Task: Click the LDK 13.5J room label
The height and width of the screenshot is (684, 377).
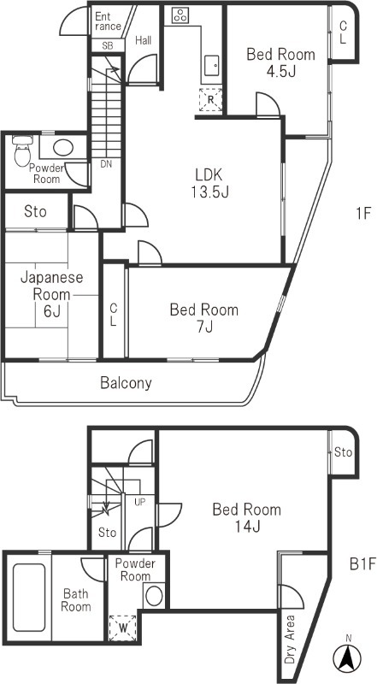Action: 209,182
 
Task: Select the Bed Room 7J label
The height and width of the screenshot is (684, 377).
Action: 203,318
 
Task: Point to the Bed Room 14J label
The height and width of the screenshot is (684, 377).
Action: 246,518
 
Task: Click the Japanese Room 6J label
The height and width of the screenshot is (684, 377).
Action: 51,294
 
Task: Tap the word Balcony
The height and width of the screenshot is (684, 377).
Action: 126,383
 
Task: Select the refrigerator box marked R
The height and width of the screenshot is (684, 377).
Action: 210,100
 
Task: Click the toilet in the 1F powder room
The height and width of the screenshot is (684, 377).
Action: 23,152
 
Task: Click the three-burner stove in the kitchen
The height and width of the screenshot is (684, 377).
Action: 181,15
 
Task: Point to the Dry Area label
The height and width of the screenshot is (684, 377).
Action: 290,640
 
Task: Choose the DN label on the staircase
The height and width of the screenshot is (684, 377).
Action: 106,164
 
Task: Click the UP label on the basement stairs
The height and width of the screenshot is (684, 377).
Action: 138,502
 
